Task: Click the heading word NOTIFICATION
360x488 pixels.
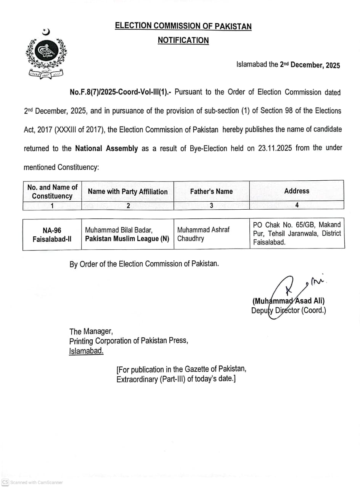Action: click(183, 40)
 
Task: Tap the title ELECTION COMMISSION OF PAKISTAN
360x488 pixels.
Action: click(183, 26)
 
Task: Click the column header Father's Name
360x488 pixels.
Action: click(211, 191)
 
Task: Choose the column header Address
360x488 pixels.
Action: click(297, 191)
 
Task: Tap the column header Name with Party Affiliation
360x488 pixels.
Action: click(127, 191)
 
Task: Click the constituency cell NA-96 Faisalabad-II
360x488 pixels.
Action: click(52, 234)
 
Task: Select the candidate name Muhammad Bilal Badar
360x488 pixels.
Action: click(119, 230)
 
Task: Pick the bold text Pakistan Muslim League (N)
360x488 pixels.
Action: click(127, 239)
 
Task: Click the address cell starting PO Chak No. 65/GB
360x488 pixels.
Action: click(297, 233)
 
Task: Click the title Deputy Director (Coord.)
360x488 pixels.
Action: click(289, 310)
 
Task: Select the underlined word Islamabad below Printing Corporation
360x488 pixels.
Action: click(86, 351)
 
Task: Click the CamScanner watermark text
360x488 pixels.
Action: click(36, 482)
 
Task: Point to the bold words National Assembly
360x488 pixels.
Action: click(106, 148)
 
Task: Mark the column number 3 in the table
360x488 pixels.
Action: click(211, 205)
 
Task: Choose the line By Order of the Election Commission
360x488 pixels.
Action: click(144, 264)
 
